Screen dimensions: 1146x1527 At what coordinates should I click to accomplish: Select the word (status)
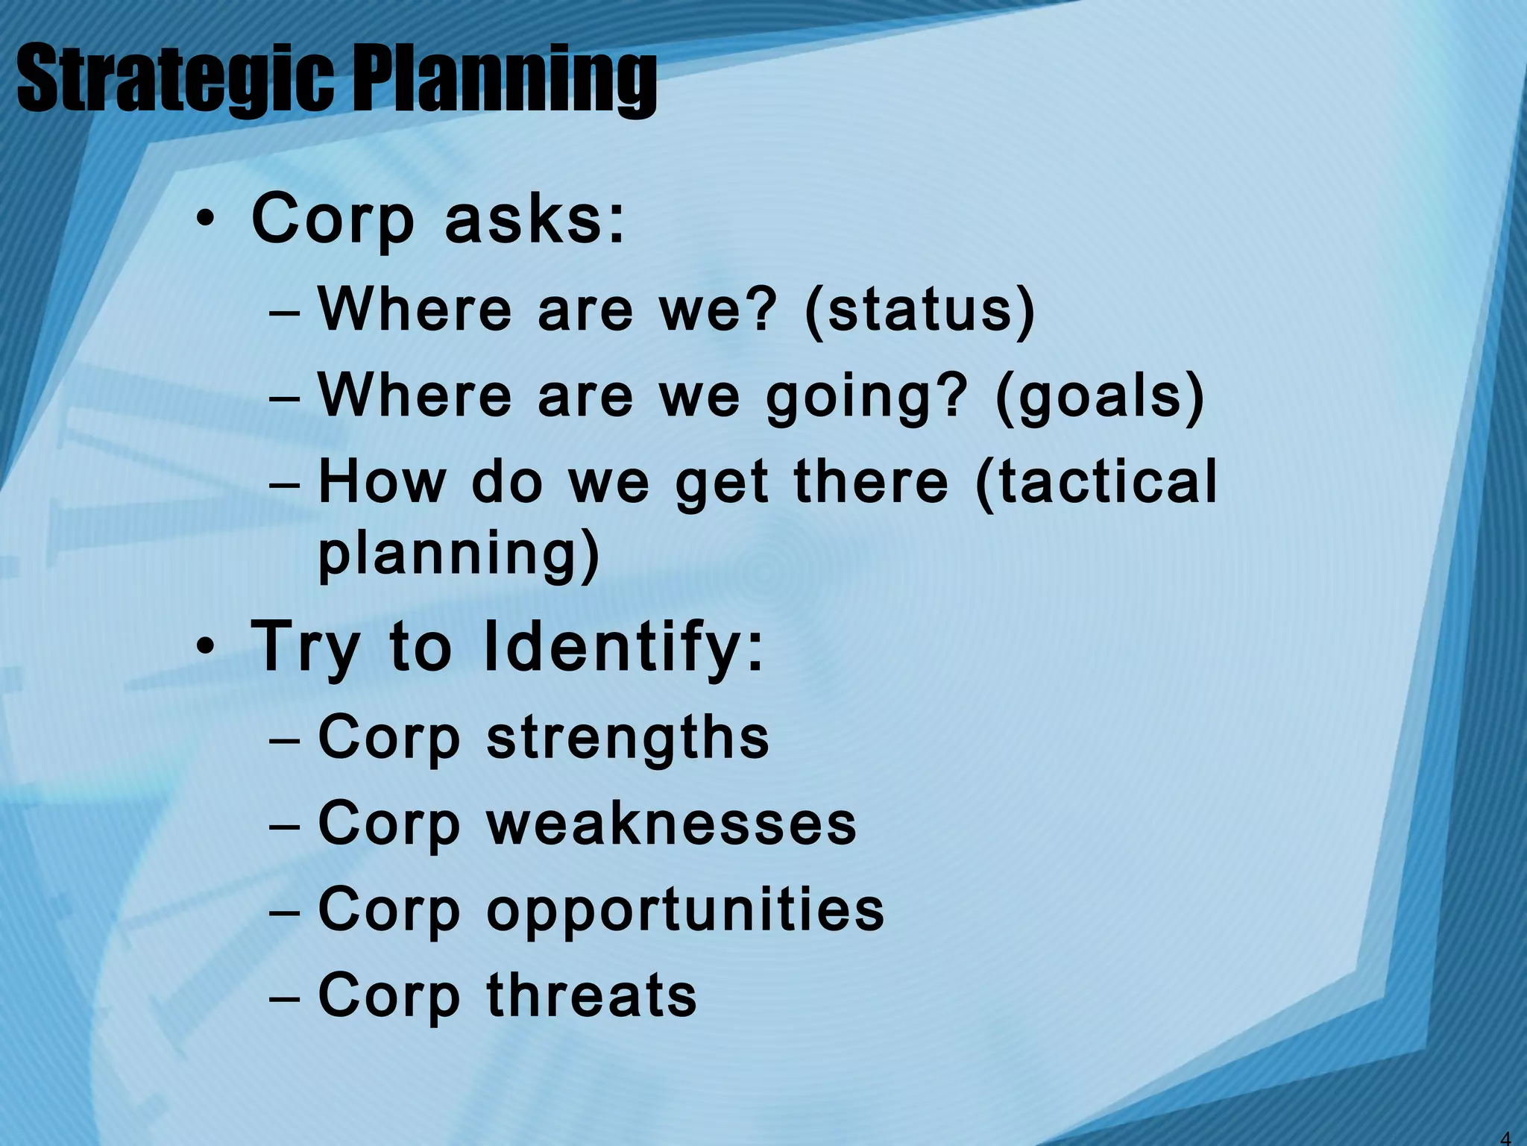(x=920, y=310)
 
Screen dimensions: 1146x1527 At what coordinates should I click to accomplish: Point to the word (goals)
(x=1100, y=396)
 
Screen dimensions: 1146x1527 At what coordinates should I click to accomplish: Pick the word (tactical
(x=1096, y=482)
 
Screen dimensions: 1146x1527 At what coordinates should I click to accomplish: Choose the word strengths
(x=628, y=738)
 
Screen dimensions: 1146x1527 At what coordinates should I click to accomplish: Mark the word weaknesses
(x=671, y=824)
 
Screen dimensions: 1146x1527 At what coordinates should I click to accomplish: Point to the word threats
(x=592, y=996)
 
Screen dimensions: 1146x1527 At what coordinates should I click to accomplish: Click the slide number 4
(x=1505, y=1138)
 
